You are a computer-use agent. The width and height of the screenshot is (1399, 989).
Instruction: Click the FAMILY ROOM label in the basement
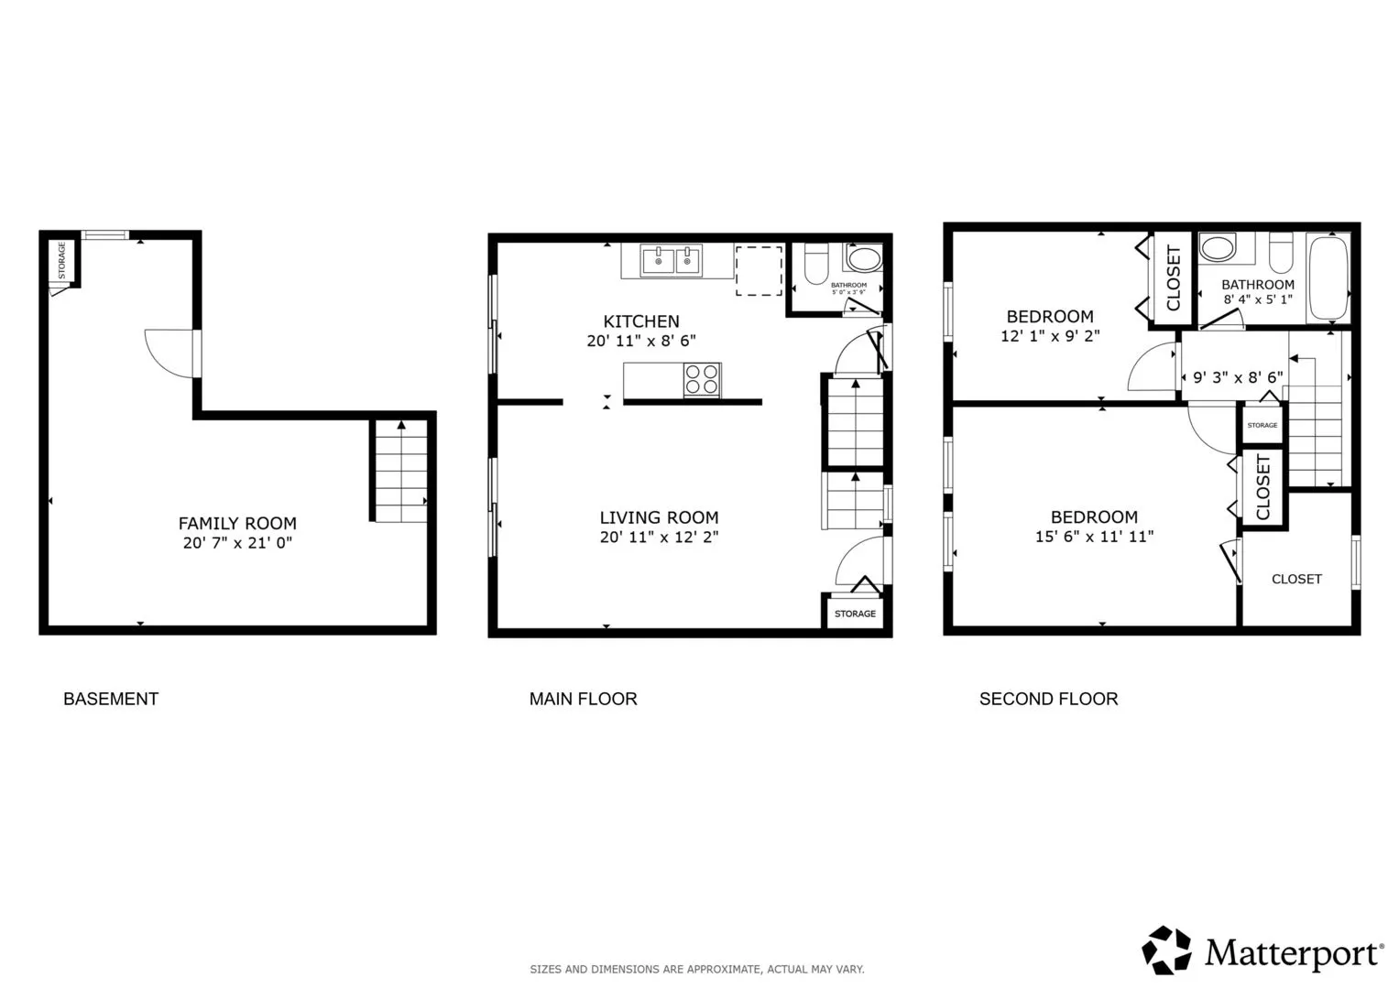(237, 523)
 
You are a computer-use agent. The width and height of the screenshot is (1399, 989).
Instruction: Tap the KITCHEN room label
(640, 321)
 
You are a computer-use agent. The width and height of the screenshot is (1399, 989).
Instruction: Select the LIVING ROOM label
(659, 517)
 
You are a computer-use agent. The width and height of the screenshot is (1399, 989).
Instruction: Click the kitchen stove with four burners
(702, 380)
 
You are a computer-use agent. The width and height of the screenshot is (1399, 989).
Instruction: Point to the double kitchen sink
(671, 260)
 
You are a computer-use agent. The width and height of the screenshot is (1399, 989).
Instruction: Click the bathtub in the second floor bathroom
(1328, 278)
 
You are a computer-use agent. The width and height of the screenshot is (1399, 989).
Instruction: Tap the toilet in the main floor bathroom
(815, 264)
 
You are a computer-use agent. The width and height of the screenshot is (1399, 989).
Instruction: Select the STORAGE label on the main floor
(855, 614)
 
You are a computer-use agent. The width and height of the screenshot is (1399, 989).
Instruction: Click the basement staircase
(401, 471)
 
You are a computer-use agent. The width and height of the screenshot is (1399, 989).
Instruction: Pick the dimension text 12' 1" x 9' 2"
(1050, 336)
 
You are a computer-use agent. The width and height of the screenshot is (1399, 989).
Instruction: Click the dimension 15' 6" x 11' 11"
(1094, 537)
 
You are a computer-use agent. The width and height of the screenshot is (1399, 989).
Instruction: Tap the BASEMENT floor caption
(111, 699)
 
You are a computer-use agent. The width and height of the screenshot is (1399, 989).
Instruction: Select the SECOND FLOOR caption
(1049, 699)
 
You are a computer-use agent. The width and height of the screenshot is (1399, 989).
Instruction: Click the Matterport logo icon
(1166, 950)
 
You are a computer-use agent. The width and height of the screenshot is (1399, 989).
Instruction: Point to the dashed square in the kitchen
(759, 271)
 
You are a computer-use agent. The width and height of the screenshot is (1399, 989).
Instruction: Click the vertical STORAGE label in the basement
(61, 260)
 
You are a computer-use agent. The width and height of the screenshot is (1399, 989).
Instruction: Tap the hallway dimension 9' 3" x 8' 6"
(1238, 377)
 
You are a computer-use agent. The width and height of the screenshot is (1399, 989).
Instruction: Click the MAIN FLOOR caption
(584, 699)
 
